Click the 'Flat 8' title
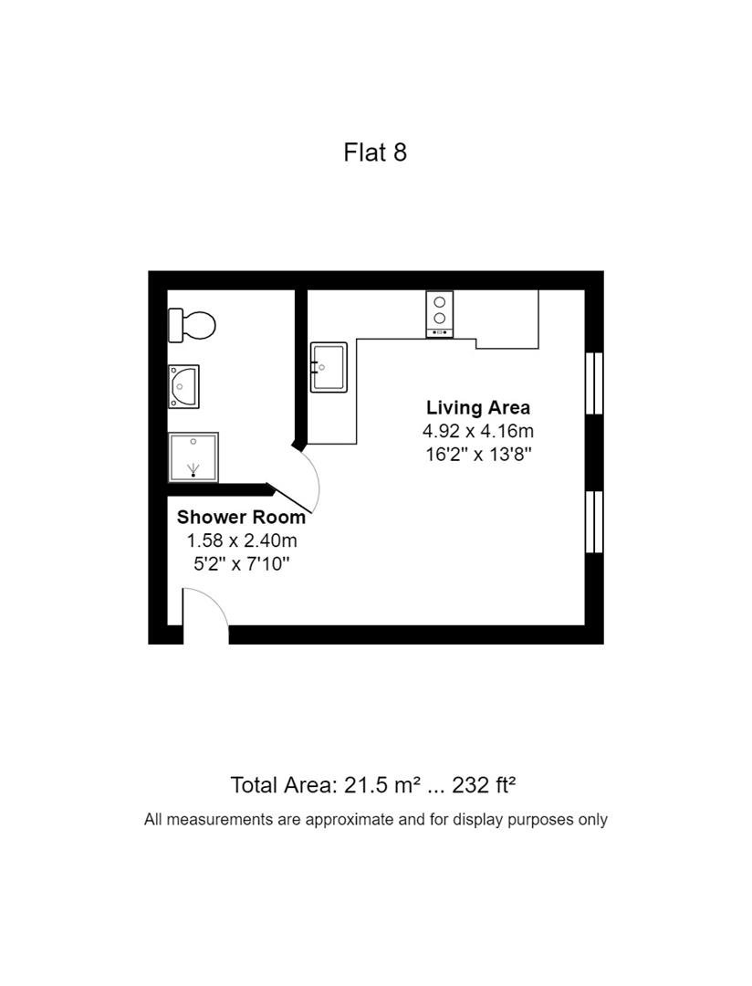(x=375, y=152)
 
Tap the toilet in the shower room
(x=192, y=325)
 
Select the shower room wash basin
(x=183, y=387)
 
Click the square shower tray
(x=193, y=457)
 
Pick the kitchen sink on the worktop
(x=329, y=367)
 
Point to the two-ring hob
(x=440, y=314)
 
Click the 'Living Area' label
(x=478, y=407)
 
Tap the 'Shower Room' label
(x=241, y=517)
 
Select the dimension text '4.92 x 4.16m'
(x=478, y=431)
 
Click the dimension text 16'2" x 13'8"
(x=478, y=454)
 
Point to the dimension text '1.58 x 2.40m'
(x=242, y=540)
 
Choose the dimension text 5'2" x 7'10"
(x=242, y=563)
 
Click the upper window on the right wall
(x=594, y=383)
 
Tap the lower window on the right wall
(x=594, y=522)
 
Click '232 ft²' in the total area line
(x=485, y=785)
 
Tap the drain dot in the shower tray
(x=193, y=474)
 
